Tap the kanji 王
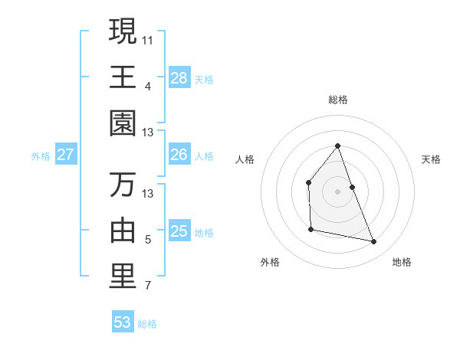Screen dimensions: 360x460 click(123, 77)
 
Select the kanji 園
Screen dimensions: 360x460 click(123, 123)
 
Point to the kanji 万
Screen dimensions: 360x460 click(123, 185)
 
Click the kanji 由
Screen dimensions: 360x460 click(123, 231)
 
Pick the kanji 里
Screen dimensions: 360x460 click(123, 277)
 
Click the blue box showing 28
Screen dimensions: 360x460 click(179, 77)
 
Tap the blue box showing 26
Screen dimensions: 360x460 click(179, 155)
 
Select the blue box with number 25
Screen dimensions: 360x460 click(179, 231)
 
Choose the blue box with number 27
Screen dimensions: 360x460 click(66, 155)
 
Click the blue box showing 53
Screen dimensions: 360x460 click(123, 322)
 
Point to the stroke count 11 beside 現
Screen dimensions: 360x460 click(148, 38)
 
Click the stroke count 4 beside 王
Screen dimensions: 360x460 click(148, 86)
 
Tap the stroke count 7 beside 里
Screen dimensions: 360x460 click(148, 286)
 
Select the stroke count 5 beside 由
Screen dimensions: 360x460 click(148, 240)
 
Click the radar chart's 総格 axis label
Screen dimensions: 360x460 click(338, 100)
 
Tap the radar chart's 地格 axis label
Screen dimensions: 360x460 click(402, 262)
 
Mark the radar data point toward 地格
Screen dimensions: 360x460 click(374, 242)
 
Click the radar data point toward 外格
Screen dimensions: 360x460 click(310, 229)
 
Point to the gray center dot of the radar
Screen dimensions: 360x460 click(338, 191)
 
